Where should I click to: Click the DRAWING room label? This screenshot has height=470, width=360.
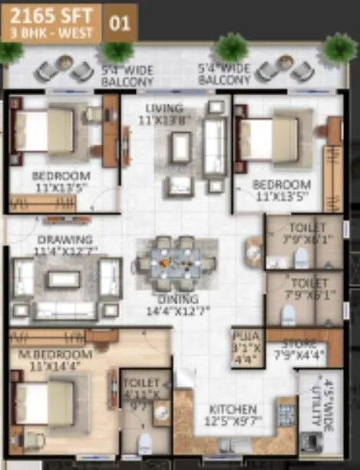tap(64, 240)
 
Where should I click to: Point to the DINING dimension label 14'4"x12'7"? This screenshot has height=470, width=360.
tap(178, 312)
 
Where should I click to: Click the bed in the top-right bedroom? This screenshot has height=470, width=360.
tap(269, 137)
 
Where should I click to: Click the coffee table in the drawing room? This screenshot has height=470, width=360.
tap(63, 279)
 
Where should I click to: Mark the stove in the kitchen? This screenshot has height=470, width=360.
tap(286, 415)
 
